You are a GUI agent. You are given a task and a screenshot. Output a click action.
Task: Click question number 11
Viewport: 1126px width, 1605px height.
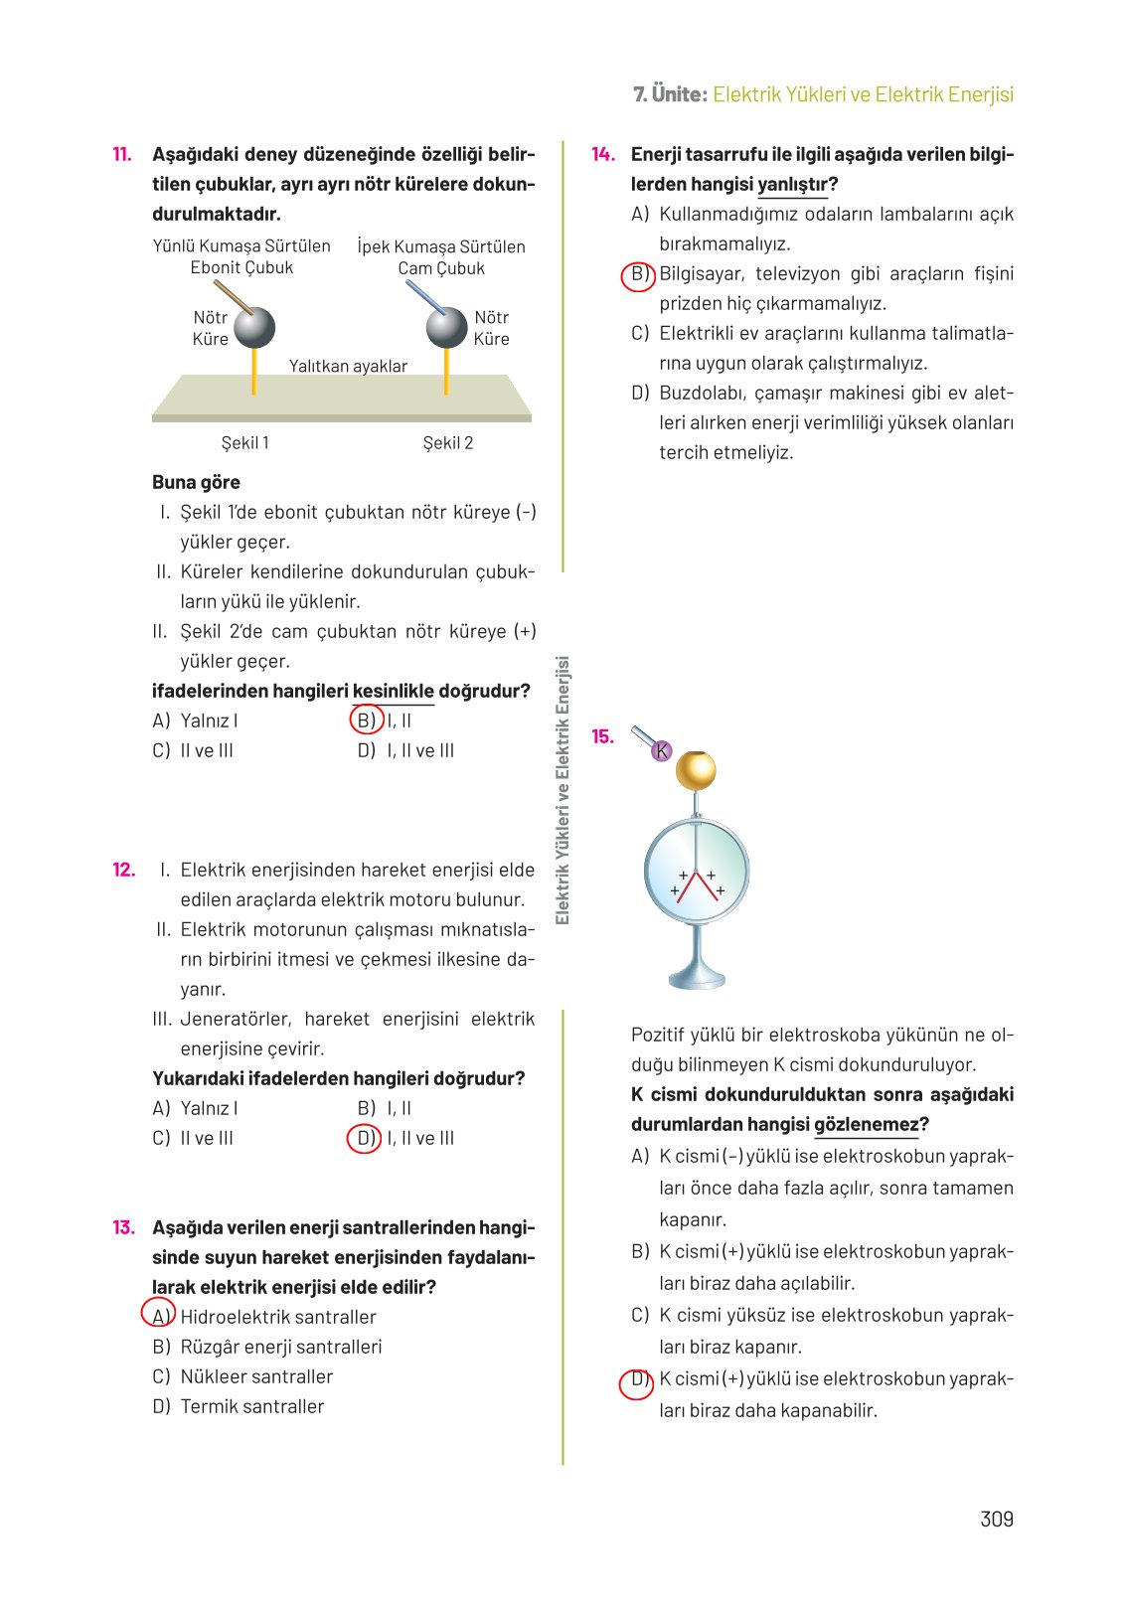click(121, 154)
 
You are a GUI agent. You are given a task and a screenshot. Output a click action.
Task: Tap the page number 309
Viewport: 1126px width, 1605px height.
click(996, 1519)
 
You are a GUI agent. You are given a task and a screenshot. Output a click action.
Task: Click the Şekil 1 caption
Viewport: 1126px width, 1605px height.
click(244, 443)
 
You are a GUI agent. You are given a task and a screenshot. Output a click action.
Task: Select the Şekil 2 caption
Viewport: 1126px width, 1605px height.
click(448, 443)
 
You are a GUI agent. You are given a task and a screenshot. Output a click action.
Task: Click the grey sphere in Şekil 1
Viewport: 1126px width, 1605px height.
click(254, 327)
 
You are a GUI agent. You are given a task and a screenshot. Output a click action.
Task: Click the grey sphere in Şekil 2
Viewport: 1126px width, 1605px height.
click(446, 327)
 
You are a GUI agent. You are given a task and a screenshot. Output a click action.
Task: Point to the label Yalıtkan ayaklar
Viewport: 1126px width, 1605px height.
click(348, 366)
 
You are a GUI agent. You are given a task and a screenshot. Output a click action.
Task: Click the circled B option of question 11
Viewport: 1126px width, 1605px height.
click(367, 721)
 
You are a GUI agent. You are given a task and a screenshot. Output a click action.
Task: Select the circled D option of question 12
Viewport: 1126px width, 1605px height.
click(365, 1138)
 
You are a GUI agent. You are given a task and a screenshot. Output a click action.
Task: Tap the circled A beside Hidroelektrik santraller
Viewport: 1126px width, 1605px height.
click(159, 1315)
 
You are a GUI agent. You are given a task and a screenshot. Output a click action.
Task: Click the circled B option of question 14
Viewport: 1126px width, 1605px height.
click(638, 274)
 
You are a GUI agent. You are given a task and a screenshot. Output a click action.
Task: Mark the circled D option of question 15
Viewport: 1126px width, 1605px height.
click(636, 1380)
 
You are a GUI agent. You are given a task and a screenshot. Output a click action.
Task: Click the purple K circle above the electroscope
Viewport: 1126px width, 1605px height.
click(662, 751)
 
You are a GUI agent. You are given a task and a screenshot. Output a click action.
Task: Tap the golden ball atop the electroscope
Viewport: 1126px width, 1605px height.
click(696, 770)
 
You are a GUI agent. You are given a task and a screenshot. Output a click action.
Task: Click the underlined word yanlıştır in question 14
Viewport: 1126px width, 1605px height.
click(792, 185)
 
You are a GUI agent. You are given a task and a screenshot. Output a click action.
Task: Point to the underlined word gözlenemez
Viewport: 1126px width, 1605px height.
click(866, 1125)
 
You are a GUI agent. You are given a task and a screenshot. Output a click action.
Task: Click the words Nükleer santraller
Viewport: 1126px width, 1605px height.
click(256, 1376)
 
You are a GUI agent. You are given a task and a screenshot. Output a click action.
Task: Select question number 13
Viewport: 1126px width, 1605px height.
click(123, 1227)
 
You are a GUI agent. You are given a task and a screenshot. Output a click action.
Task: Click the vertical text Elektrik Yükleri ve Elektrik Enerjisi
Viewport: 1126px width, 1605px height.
click(563, 790)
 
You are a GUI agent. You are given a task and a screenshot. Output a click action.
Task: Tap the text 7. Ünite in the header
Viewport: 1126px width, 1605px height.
click(670, 94)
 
